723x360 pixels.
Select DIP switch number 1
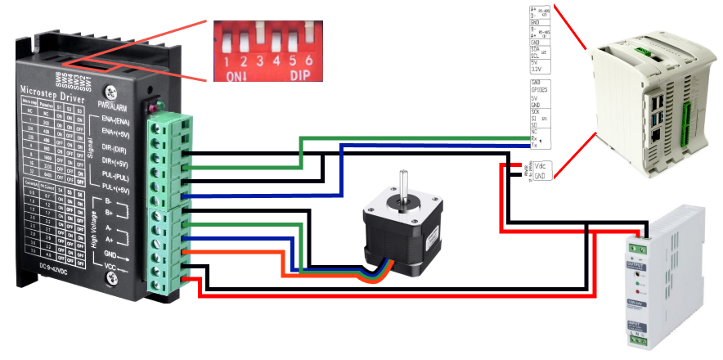(227, 41)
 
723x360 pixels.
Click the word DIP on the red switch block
(301, 75)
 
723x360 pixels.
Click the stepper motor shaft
(402, 184)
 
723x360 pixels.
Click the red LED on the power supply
(636, 290)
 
